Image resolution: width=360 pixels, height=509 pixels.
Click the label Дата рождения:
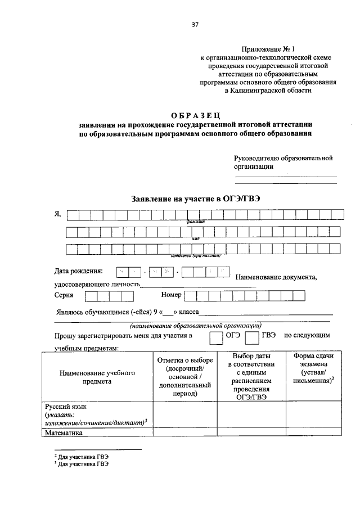(x=79, y=272)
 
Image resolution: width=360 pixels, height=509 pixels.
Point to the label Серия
(x=64, y=295)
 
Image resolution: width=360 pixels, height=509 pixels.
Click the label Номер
(x=171, y=295)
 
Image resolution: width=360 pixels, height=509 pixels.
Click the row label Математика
(x=64, y=433)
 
